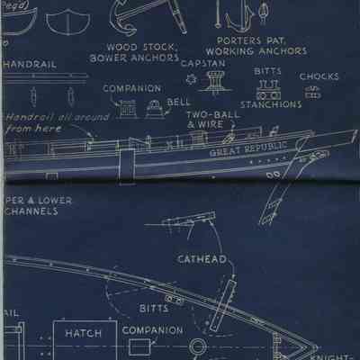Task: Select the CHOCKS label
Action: (x=319, y=77)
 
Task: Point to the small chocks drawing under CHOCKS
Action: (x=312, y=93)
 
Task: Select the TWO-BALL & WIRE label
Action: (x=212, y=121)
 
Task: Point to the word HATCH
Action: (x=83, y=333)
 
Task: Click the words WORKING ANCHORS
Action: (x=261, y=51)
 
